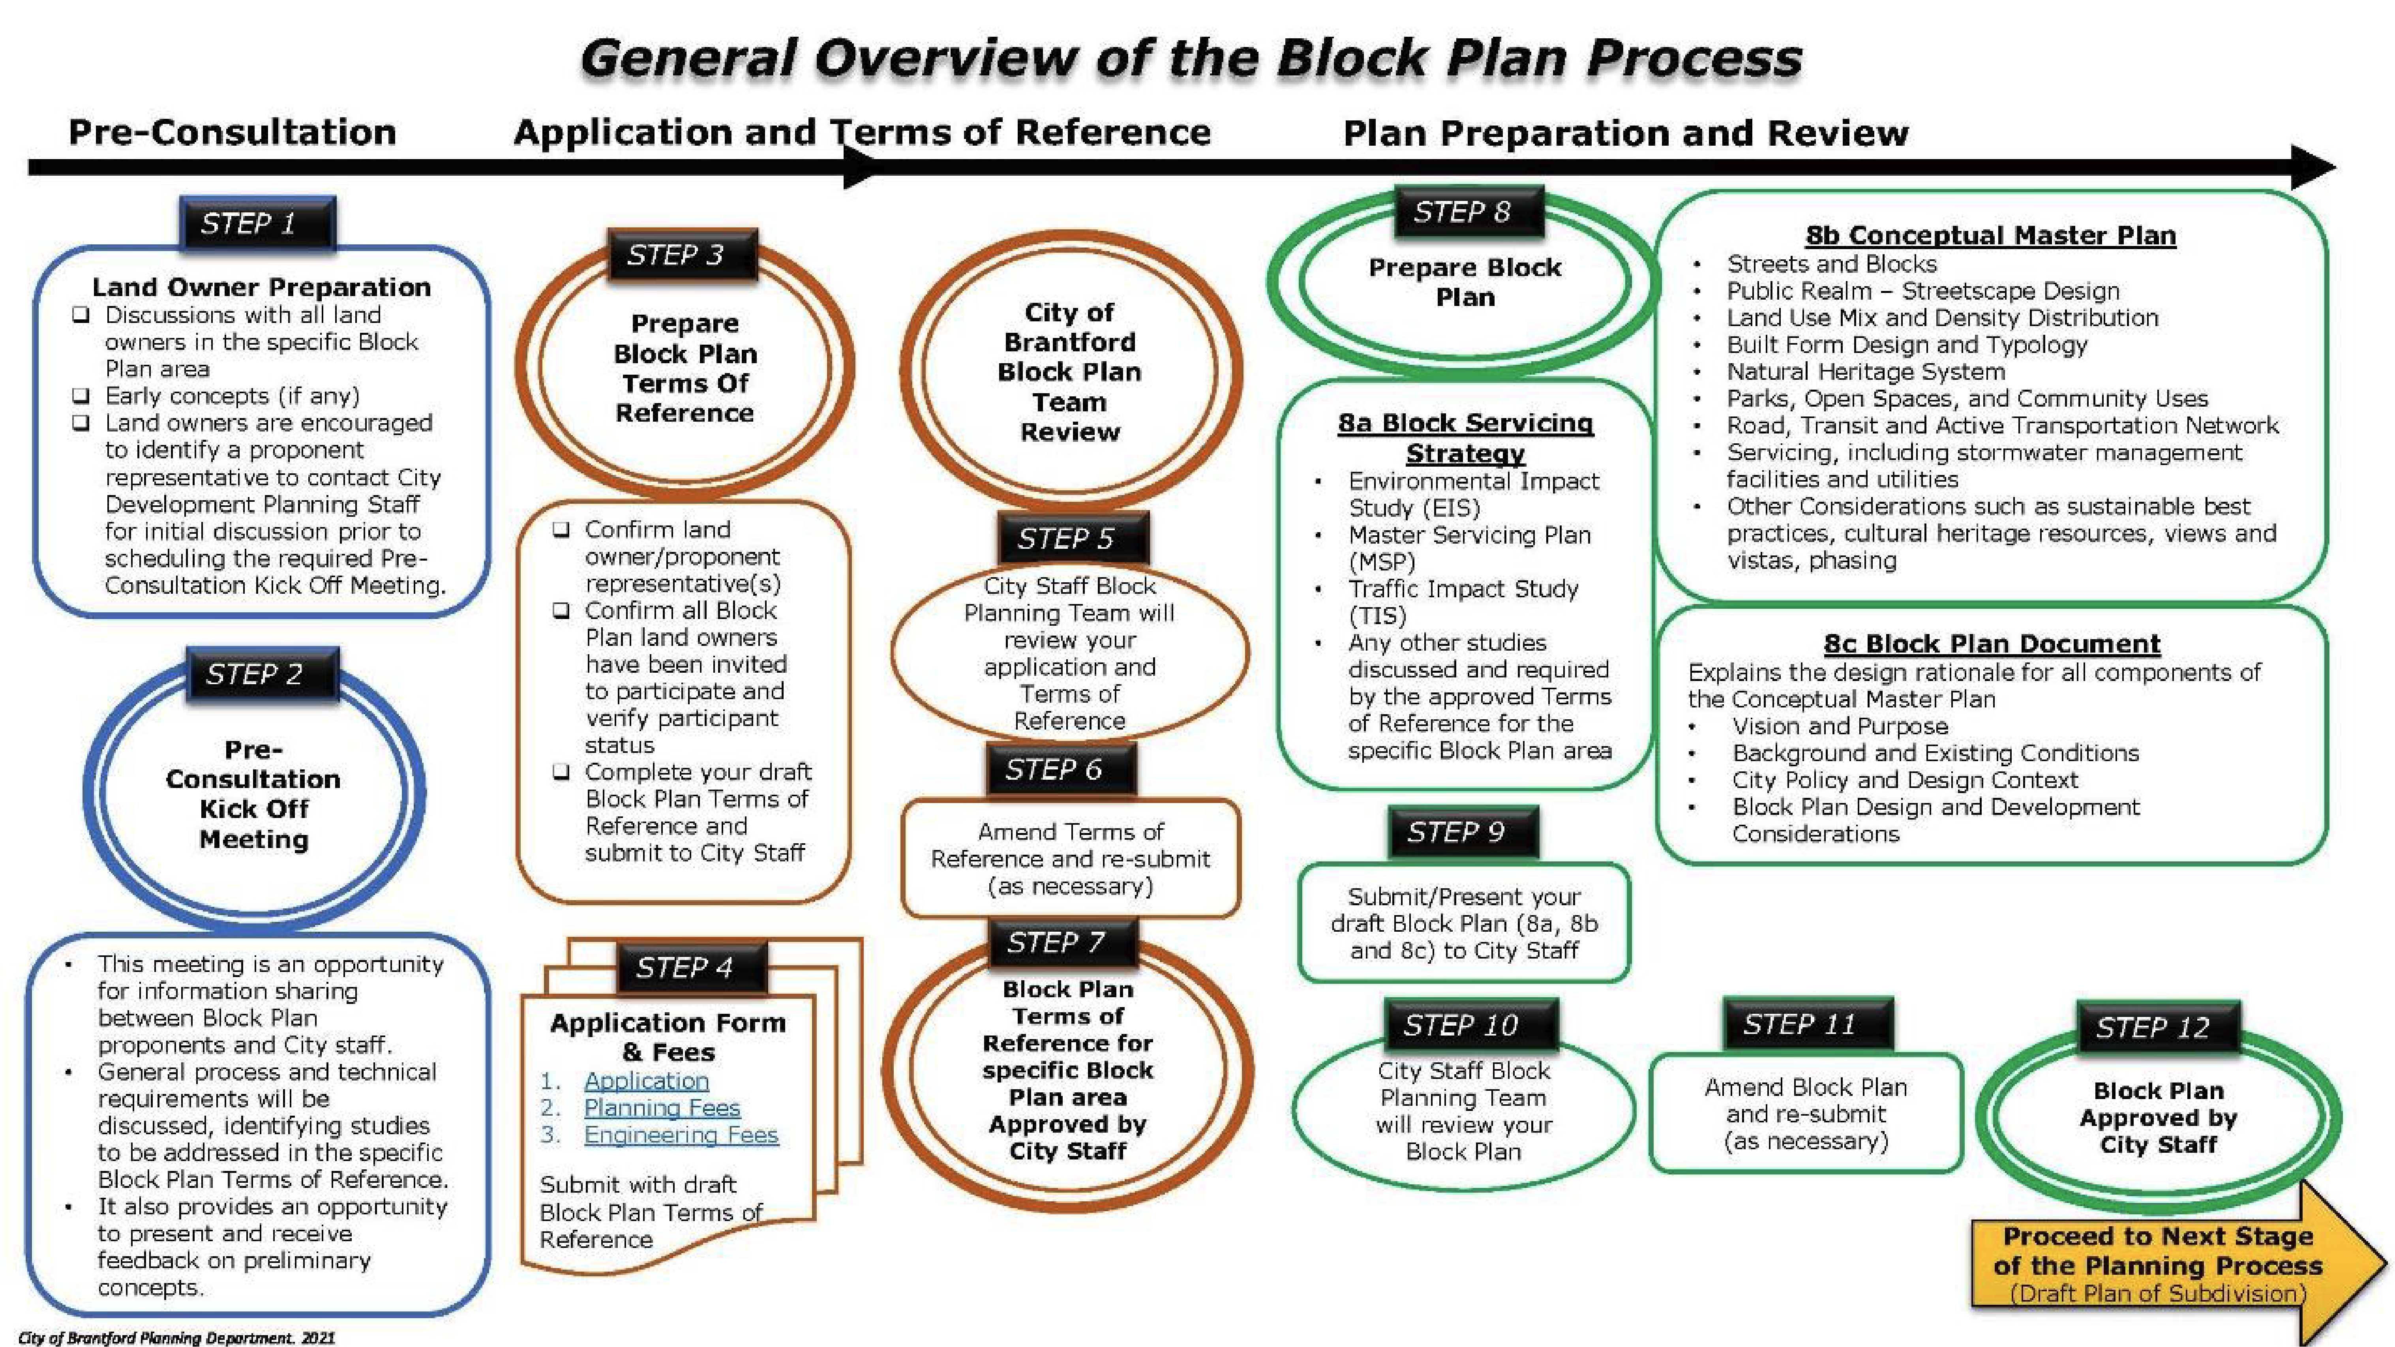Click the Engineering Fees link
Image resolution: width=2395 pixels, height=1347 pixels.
(x=681, y=1135)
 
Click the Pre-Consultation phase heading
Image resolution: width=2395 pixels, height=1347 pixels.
(x=233, y=132)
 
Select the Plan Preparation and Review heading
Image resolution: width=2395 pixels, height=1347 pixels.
(x=1625, y=133)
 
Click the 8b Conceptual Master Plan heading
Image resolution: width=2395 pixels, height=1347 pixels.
(x=1990, y=235)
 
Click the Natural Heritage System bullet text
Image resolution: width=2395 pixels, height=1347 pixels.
(x=1865, y=372)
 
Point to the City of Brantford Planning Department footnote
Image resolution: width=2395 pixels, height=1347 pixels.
(x=176, y=1338)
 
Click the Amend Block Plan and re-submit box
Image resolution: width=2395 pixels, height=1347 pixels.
(x=1806, y=1114)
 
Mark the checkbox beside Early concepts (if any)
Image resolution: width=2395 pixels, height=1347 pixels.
(x=82, y=396)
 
